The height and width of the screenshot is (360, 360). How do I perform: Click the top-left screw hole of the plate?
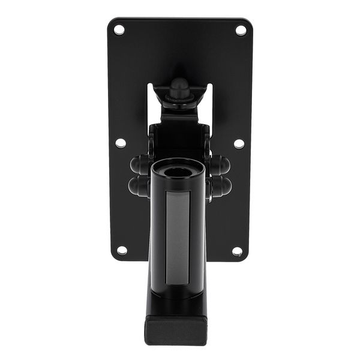118,29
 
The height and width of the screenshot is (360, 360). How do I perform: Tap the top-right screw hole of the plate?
241,29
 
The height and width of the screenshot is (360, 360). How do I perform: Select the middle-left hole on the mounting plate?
121,143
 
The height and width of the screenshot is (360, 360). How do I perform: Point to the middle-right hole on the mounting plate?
239,143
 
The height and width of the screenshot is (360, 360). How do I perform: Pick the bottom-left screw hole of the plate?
122,250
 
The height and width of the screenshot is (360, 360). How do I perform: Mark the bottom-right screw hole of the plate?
237,251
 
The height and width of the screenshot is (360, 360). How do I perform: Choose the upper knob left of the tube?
139,164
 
